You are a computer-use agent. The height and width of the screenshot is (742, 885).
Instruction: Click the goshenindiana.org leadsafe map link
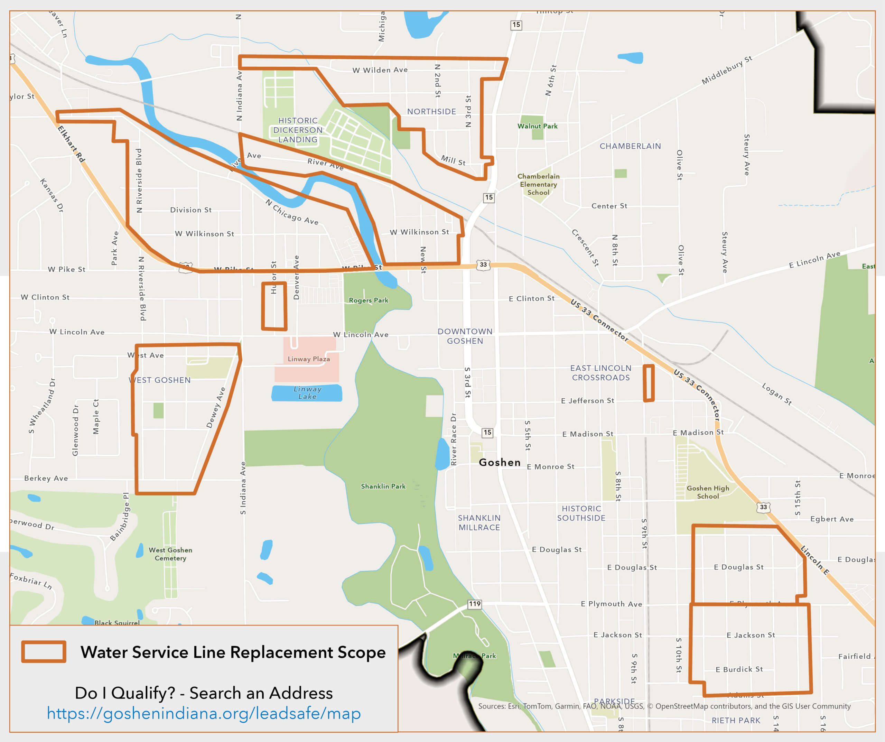pos(204,714)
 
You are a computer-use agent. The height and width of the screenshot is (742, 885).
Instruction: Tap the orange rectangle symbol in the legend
pos(44,652)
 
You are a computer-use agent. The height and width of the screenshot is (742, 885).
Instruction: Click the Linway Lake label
pos(307,392)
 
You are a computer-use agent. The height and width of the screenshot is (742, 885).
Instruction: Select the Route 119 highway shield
pos(475,604)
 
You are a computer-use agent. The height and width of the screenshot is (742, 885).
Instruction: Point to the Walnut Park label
pos(537,126)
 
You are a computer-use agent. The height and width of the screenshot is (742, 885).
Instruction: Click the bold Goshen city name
pos(500,463)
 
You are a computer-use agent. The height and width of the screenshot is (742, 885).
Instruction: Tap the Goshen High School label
pos(708,492)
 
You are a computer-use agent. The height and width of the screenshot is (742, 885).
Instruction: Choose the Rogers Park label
pos(368,300)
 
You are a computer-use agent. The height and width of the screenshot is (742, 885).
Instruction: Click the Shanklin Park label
pos(383,486)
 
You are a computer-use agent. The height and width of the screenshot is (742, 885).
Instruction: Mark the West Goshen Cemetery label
pos(170,554)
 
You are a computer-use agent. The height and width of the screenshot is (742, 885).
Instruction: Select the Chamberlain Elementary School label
pos(538,184)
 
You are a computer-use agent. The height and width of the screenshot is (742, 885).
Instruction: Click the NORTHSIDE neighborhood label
pos(431,112)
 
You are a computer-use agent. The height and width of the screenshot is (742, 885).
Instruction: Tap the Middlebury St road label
pos(727,70)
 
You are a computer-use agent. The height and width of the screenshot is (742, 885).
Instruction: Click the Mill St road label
pos(453,160)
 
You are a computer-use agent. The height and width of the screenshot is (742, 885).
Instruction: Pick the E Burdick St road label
pos(739,669)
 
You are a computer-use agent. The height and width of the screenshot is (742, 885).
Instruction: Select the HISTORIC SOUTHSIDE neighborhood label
pos(581,513)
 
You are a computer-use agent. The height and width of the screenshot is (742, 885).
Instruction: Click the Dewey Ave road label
pos(216,407)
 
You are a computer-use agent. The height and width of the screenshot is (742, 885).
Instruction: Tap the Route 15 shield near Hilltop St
pos(516,25)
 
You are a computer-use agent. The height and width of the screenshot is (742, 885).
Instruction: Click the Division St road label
pos(190,210)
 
